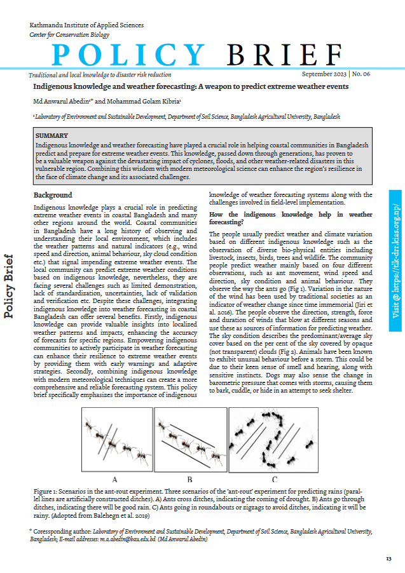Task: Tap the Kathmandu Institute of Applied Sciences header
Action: tap(86, 25)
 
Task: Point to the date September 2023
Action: tap(324, 74)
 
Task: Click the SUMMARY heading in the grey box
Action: tap(51, 136)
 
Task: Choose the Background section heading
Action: tap(53, 195)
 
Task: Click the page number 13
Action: tap(388, 558)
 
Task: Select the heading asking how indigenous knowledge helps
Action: tap(291, 219)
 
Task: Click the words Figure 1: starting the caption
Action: tap(50, 492)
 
